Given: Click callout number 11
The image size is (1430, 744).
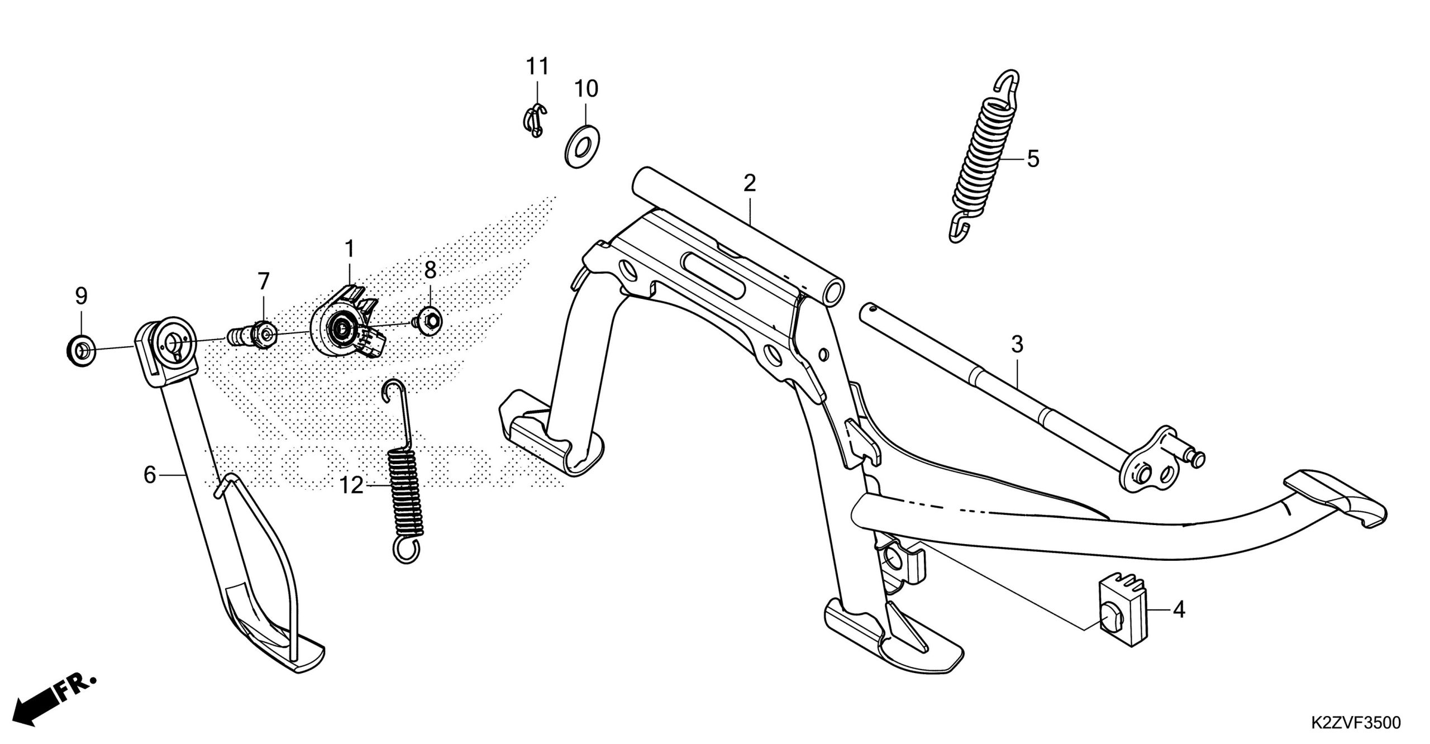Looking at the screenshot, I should [537, 67].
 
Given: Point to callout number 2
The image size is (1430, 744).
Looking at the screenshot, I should [749, 183].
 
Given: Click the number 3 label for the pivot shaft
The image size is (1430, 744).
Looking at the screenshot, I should [1017, 345].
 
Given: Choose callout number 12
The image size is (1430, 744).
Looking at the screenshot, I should [352, 486].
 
